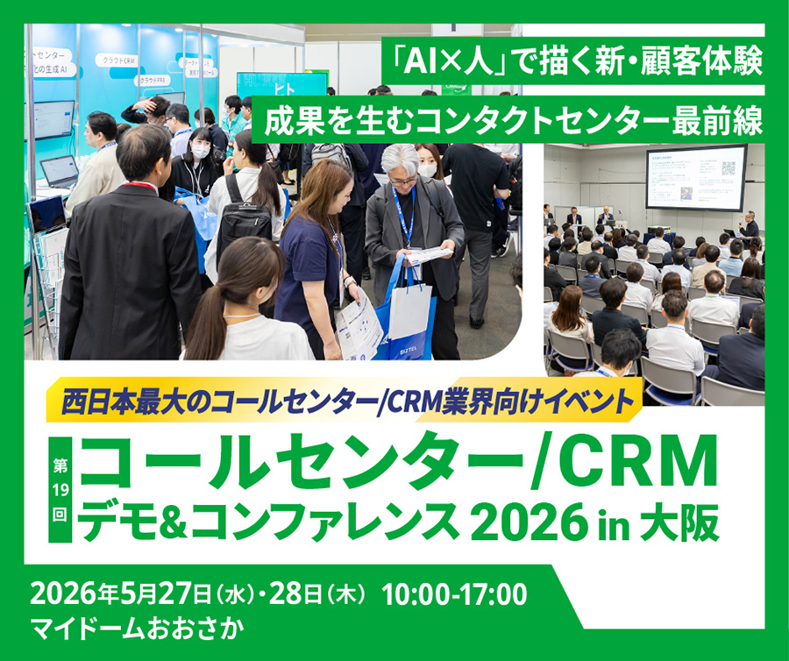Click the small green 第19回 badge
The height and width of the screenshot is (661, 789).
[59, 492]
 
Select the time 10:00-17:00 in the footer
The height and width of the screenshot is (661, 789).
[455, 595]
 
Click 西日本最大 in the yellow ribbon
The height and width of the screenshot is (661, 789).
[113, 401]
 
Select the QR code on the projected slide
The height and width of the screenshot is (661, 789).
[728, 167]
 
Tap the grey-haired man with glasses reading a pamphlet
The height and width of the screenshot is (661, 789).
[406, 219]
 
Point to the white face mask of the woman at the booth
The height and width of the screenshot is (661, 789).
[200, 151]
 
